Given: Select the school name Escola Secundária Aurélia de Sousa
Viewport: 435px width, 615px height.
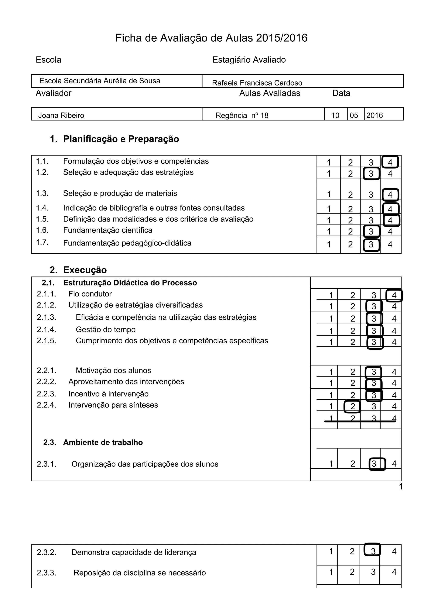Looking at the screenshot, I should (x=100, y=81).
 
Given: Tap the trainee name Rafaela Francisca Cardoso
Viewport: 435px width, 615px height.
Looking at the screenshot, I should (x=257, y=83).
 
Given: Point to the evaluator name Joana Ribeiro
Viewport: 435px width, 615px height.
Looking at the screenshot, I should (x=61, y=115).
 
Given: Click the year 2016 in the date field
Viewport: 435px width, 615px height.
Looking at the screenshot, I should (x=374, y=115).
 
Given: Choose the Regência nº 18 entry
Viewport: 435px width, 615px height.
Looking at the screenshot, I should (x=242, y=115).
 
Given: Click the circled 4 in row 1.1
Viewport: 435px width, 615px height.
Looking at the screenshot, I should (x=390, y=162).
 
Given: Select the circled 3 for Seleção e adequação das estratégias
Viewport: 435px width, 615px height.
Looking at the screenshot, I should (x=371, y=174).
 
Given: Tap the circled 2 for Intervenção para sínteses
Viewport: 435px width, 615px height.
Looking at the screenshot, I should (x=352, y=406).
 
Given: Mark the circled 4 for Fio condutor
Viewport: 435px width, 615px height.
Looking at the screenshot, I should (x=394, y=295).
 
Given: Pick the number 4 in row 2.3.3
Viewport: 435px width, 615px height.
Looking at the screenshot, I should (x=394, y=572).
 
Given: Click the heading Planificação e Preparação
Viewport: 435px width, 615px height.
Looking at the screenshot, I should (x=121, y=139).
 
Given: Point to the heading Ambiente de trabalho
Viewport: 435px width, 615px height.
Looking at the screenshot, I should (x=103, y=442).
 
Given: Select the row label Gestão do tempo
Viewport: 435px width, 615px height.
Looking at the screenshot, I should (x=106, y=329).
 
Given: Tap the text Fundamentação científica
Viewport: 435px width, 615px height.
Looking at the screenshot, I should (x=107, y=230).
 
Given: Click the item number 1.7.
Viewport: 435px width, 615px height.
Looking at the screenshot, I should (x=42, y=242).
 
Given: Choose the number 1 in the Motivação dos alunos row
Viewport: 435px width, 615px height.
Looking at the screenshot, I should (x=331, y=372).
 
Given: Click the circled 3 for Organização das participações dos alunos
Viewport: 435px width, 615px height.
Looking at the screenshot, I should (x=374, y=464).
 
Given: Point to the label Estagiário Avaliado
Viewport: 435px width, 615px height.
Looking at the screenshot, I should (x=249, y=60).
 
